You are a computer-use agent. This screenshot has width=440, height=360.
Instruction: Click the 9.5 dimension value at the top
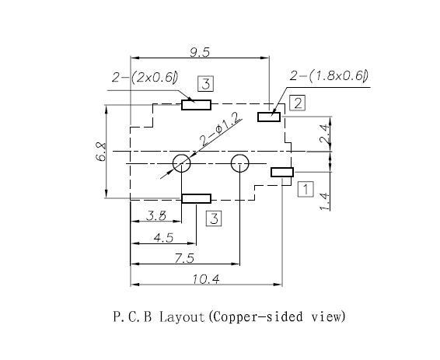pyautogui.click(x=200, y=52)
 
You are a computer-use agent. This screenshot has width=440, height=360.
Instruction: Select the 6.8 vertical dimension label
pyautogui.click(x=101, y=152)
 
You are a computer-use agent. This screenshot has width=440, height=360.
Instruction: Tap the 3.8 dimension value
pyautogui.click(x=156, y=215)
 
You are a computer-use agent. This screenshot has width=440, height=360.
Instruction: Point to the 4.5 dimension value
pyautogui.click(x=163, y=238)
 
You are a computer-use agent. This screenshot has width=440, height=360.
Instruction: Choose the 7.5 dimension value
pyautogui.click(x=184, y=258)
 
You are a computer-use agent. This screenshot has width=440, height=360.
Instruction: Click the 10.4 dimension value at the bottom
pyautogui.click(x=206, y=279)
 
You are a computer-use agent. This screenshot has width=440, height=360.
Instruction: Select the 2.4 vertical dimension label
pyautogui.click(x=324, y=134)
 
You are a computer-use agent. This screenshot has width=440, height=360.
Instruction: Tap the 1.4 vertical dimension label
pyautogui.click(x=324, y=201)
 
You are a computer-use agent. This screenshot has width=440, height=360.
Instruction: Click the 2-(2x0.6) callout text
pyautogui.click(x=145, y=77)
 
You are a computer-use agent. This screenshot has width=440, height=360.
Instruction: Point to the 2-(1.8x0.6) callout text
pyautogui.click(x=329, y=75)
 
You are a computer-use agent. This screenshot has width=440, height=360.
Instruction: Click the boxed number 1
pyautogui.click(x=306, y=189)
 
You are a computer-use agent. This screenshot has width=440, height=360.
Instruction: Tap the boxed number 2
pyautogui.click(x=297, y=103)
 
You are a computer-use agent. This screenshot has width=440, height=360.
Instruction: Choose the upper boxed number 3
pyautogui.click(x=206, y=84)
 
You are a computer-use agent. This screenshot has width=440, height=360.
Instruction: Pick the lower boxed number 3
pyautogui.click(x=214, y=218)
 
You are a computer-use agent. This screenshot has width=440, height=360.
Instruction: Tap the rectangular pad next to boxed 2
pyautogui.click(x=269, y=117)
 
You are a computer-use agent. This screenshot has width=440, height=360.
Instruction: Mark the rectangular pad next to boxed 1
pyautogui.click(x=282, y=172)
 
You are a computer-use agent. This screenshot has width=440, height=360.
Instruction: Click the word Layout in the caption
pyautogui.click(x=182, y=316)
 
